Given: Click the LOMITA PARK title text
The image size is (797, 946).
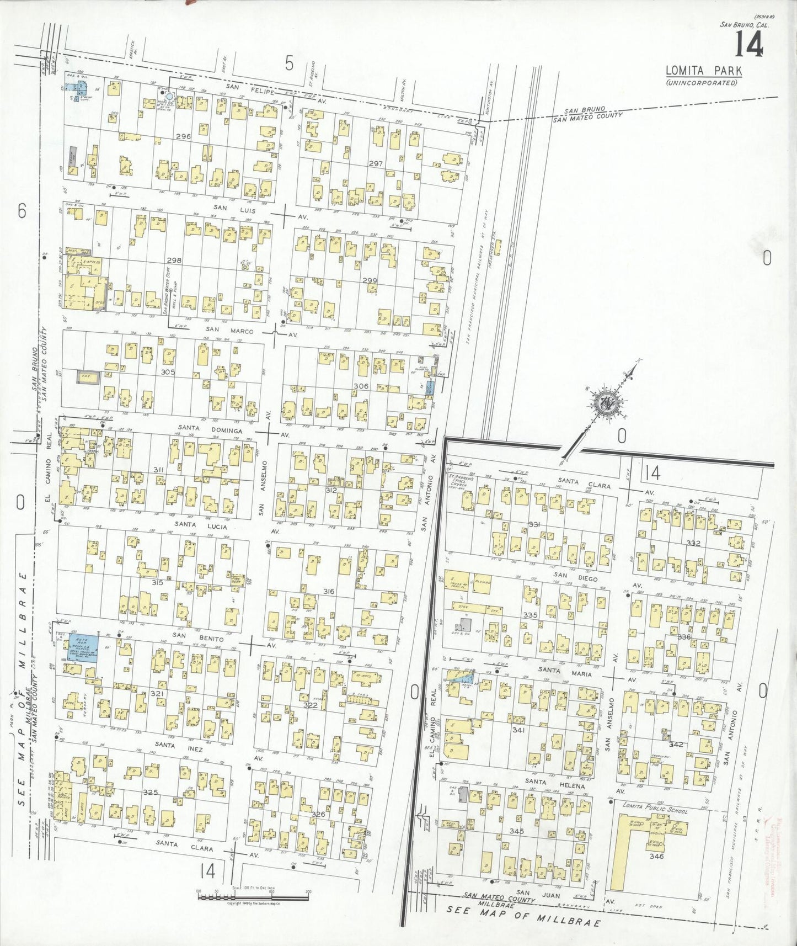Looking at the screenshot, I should pos(703,71).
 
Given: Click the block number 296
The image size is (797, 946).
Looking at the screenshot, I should pos(183,136).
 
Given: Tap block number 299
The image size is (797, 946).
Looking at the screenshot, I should pos(370,280).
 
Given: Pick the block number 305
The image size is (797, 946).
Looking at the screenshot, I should pos(168,372).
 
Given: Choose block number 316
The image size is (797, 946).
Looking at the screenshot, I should pos(329,592).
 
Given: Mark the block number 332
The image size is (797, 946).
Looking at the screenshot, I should pos(693,543).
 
